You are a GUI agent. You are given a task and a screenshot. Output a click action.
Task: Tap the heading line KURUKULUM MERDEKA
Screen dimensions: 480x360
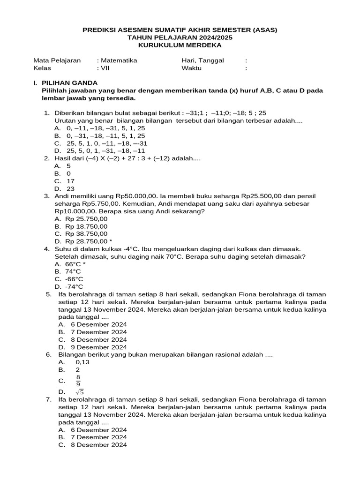[180, 45]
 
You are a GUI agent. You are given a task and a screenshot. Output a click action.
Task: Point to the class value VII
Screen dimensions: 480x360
[106, 68]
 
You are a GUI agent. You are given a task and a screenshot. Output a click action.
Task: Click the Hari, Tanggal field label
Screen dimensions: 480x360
[202, 60]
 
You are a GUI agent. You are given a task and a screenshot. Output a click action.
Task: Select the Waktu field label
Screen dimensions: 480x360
[191, 68]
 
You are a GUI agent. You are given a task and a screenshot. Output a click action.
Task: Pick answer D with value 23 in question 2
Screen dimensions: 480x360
[71, 189]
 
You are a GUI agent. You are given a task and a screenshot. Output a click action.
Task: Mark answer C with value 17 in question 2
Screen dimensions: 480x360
[71, 181]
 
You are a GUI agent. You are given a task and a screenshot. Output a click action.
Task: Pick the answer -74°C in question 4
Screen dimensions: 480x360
[74, 286]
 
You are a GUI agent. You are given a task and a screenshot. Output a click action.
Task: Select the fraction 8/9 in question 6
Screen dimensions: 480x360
[78, 380]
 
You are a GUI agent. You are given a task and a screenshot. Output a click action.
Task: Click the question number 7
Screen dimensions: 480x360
[48, 399]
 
